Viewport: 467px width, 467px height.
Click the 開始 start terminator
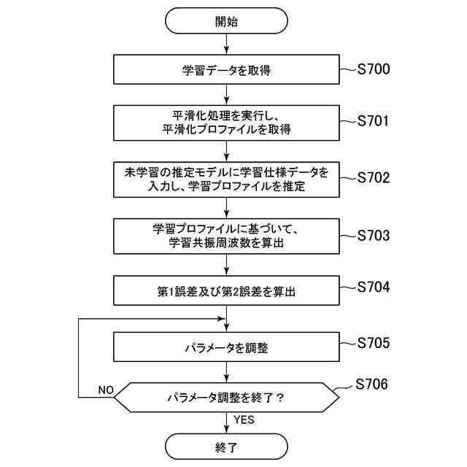(x=227, y=20)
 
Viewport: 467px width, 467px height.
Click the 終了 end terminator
(x=227, y=447)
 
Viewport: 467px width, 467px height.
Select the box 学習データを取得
(x=227, y=71)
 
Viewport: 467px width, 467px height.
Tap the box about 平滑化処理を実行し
(x=227, y=122)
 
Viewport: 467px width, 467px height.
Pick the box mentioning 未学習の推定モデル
(x=227, y=179)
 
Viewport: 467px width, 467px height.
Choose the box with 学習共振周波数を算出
(x=227, y=236)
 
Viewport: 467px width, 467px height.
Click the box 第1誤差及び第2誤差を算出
(x=227, y=291)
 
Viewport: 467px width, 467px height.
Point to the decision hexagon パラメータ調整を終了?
(x=227, y=398)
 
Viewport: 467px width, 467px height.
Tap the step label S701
(x=374, y=121)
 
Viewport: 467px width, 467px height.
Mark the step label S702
(x=374, y=178)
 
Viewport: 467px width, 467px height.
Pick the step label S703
(x=374, y=236)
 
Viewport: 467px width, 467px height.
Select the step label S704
(x=374, y=287)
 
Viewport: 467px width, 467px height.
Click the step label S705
(x=374, y=342)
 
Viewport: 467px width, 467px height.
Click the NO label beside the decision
(x=105, y=390)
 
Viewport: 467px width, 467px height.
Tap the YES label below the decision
(x=244, y=420)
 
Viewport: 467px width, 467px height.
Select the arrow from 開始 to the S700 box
(x=227, y=45)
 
